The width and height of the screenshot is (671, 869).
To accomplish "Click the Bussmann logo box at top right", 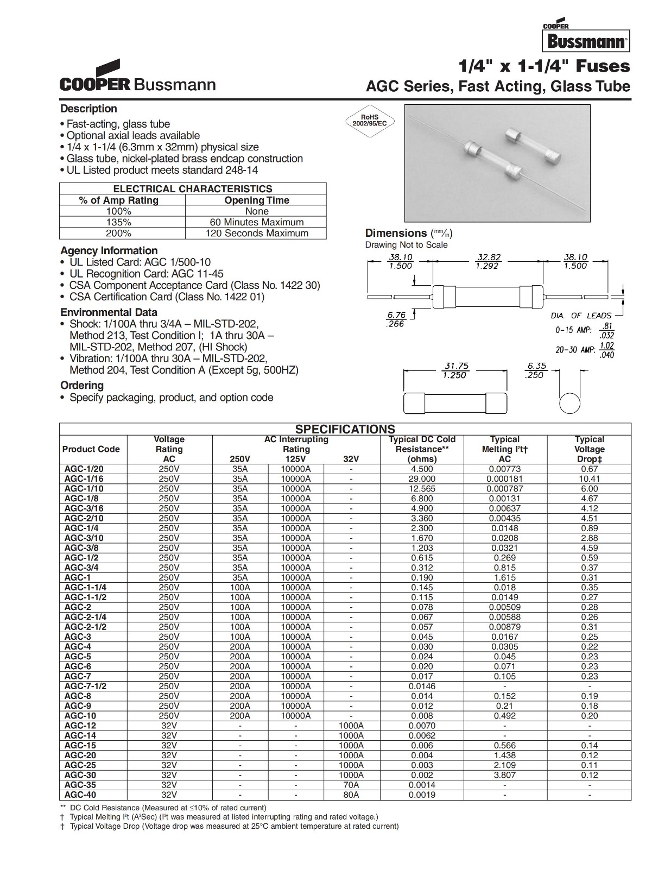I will pos(586,40).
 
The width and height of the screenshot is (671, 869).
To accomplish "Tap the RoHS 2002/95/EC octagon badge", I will pos(370,120).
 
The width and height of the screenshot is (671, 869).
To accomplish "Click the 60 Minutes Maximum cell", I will pos(256,222).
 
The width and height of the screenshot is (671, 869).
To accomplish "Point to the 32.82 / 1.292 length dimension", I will pos(488,261).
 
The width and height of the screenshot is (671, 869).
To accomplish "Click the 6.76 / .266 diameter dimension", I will pos(395,319).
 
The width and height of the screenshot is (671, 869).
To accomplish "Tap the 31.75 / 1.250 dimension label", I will pos(455,370).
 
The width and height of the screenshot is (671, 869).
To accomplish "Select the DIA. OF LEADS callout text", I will pos(581,316).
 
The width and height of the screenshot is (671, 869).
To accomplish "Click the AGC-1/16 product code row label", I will pos(84,478).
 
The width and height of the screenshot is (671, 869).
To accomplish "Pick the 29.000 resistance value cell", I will pos(421,478).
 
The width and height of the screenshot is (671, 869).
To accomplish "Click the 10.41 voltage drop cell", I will pos(589,478).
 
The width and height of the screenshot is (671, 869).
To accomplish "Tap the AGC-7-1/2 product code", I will pos(85,686).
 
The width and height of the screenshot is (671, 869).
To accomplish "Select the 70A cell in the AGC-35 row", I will pos(351,785).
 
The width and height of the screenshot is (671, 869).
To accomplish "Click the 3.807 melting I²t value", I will pos(504,775).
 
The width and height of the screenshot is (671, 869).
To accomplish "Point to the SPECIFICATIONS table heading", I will pos(345,429).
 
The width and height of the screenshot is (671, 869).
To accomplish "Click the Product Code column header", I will pos(91,449).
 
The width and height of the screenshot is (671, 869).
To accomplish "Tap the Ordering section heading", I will pos(82,385).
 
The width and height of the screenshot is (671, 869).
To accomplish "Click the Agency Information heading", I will pos(109,250).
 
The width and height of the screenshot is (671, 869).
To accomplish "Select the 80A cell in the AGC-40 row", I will pos(351,795).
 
